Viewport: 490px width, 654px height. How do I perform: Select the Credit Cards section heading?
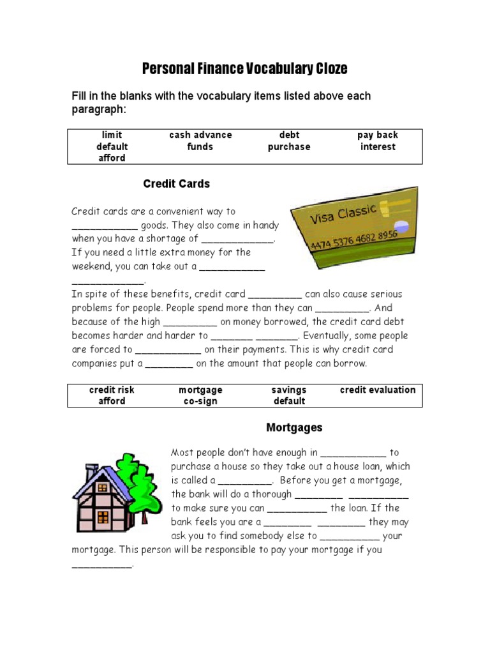pyautogui.click(x=176, y=184)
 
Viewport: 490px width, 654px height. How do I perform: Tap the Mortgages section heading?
pyautogui.click(x=294, y=427)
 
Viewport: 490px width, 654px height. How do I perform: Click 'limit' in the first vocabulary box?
pyautogui.click(x=112, y=135)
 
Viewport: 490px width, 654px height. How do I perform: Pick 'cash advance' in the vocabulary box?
pyautogui.click(x=200, y=135)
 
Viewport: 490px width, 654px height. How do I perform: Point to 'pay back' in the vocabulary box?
pyautogui.click(x=377, y=135)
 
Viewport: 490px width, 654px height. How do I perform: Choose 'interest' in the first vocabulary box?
pyautogui.click(x=377, y=147)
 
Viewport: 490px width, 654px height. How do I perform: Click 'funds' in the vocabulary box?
pyautogui.click(x=200, y=147)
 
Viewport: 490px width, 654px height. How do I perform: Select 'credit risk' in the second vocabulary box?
pyautogui.click(x=112, y=390)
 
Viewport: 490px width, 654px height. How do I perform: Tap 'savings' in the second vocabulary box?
pyautogui.click(x=289, y=390)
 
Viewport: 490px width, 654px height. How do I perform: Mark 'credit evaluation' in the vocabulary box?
pyautogui.click(x=377, y=390)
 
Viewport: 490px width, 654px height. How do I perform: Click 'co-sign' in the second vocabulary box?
pyautogui.click(x=200, y=401)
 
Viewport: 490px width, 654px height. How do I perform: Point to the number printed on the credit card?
pyautogui.click(x=354, y=240)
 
